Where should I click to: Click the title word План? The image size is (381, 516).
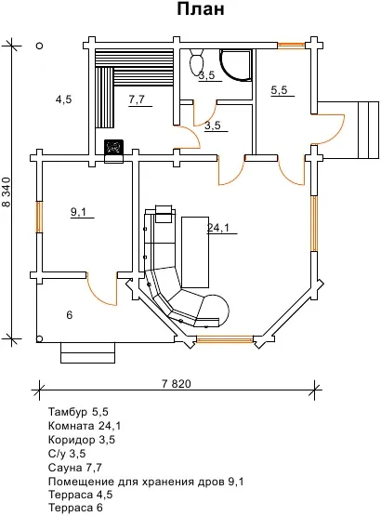point(201,9)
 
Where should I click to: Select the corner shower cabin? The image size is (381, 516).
point(236,64)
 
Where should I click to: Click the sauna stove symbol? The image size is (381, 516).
point(114,147)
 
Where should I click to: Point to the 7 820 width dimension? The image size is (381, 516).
point(177,384)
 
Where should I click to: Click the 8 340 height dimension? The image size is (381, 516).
point(7,192)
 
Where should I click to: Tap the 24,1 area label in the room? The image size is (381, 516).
point(218,228)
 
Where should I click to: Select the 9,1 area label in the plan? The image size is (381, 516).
point(78,212)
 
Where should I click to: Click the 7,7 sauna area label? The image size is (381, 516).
point(137,99)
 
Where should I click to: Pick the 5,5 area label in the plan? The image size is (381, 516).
point(280,90)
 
